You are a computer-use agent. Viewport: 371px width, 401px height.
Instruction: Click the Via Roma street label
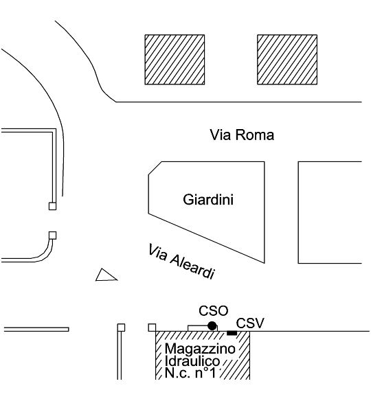coord(242,135)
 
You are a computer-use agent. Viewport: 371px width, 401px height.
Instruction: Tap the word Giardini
coord(208,200)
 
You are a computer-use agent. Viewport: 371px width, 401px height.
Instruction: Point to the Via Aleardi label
coord(181,262)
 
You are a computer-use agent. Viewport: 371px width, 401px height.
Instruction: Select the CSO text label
coord(214,311)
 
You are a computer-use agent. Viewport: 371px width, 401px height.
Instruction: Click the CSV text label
coord(249,323)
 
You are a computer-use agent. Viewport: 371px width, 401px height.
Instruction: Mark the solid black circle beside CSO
coord(212,325)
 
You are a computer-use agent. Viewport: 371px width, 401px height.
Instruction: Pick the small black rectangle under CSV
coord(232,333)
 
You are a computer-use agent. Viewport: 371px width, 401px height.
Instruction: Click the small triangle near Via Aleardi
coord(106,276)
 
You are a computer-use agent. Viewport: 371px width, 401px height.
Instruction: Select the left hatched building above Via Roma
coord(175,60)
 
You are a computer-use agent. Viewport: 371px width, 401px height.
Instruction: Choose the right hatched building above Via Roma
coord(287,60)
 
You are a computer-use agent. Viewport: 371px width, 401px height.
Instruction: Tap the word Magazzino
coord(200,349)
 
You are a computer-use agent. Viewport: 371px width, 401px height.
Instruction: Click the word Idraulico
coord(192,361)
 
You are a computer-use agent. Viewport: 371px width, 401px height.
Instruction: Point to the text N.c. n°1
coord(190,373)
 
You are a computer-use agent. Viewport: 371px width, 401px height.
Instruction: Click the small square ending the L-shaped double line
coord(52,206)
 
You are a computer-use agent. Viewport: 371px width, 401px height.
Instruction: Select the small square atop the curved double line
coord(52,236)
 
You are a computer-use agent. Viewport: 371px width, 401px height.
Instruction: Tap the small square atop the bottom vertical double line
coord(122,328)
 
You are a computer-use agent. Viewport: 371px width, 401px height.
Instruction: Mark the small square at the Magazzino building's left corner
coord(152,328)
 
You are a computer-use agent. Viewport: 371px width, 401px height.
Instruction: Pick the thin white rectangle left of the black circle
coord(199,328)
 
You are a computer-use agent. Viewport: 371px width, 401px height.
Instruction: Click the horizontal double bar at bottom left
coord(36,330)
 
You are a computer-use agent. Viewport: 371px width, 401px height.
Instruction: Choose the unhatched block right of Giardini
coord(330,212)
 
